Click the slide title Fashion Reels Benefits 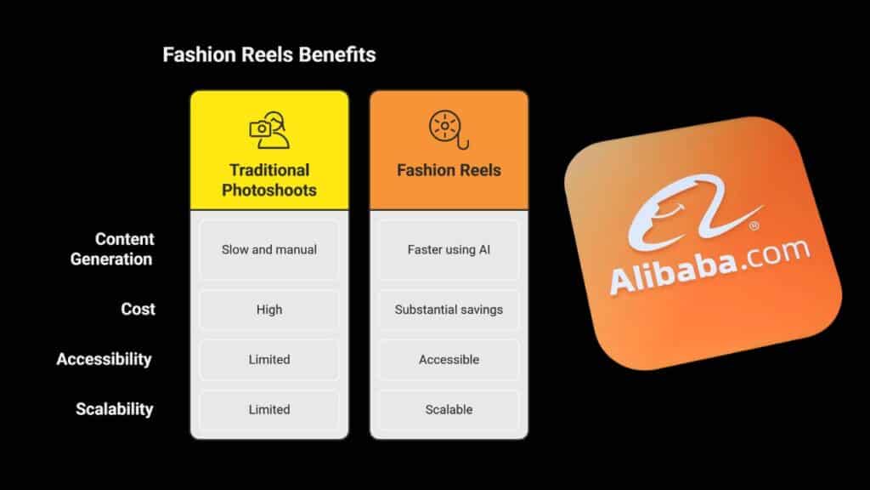(x=269, y=54)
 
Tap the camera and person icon (x=269, y=130)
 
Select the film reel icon (x=449, y=130)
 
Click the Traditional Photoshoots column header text (x=269, y=180)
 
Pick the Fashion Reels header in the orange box (x=449, y=170)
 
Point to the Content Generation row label (x=112, y=249)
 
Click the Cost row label (x=138, y=309)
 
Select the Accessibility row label (x=105, y=360)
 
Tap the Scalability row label (x=115, y=409)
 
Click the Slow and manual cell (x=269, y=250)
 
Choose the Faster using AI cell (x=449, y=250)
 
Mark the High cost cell (x=269, y=310)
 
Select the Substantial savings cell (x=449, y=310)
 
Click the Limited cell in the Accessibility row (x=269, y=360)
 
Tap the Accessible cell (x=449, y=360)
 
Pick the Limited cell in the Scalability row (x=269, y=409)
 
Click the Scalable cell (x=449, y=409)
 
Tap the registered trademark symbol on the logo (x=754, y=225)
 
